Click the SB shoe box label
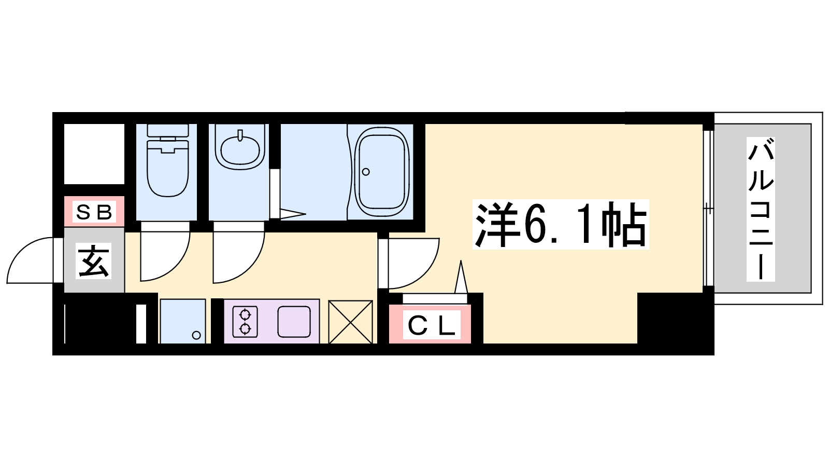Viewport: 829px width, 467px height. [94, 212]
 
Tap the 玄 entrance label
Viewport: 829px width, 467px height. [94, 261]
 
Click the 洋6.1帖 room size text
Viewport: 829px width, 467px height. [561, 225]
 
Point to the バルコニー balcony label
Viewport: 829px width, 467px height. [761, 210]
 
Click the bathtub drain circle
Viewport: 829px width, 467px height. [366, 172]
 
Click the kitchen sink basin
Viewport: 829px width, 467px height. [294, 322]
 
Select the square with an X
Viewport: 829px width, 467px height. [350, 322]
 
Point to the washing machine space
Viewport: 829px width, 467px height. [183, 321]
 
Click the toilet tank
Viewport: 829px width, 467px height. [168, 130]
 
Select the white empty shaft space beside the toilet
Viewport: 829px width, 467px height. [94, 154]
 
